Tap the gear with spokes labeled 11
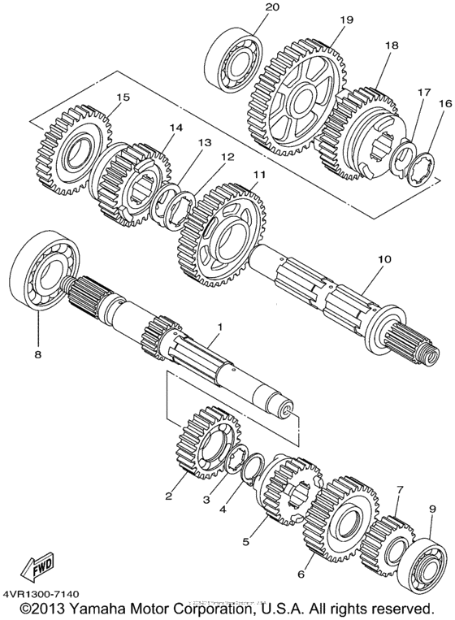[x=219, y=236]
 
